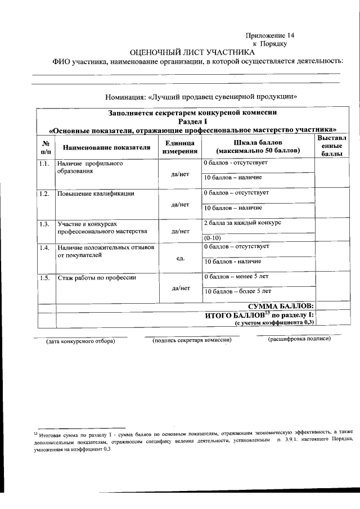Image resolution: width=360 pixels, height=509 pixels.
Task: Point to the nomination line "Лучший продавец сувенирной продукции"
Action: [201, 96]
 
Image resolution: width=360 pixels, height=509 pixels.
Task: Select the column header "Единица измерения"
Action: [180, 147]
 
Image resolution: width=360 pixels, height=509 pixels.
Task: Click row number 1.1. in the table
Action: [45, 164]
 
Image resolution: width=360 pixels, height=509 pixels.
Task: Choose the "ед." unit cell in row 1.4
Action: [180, 258]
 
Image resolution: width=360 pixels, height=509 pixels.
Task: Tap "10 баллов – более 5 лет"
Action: [237, 291]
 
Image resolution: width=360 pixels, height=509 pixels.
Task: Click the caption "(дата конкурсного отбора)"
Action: [80, 341]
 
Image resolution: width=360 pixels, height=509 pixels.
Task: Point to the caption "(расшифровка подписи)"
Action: [299, 339]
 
